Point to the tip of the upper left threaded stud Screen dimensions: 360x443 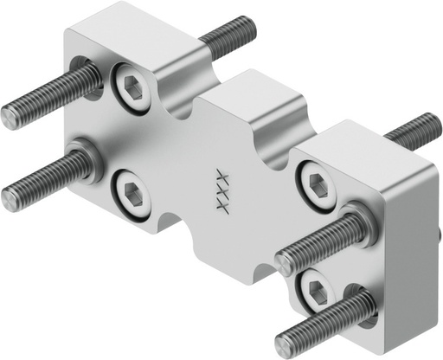(x=12, y=114)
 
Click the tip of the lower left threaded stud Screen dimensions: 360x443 (x=12, y=198)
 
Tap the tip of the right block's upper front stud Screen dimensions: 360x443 (x=286, y=263)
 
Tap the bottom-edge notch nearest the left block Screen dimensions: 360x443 (x=170, y=226)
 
